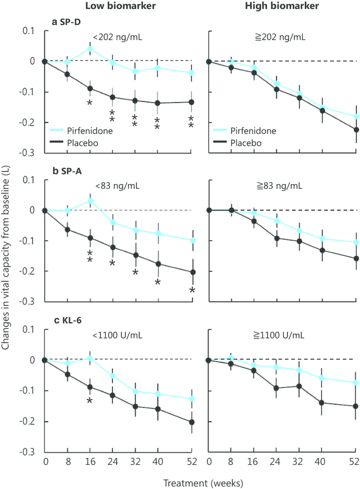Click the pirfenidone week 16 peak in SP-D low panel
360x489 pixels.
(x=90, y=49)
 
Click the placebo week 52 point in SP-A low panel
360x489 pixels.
(x=192, y=272)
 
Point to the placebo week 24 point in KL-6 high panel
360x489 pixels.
(x=276, y=388)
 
